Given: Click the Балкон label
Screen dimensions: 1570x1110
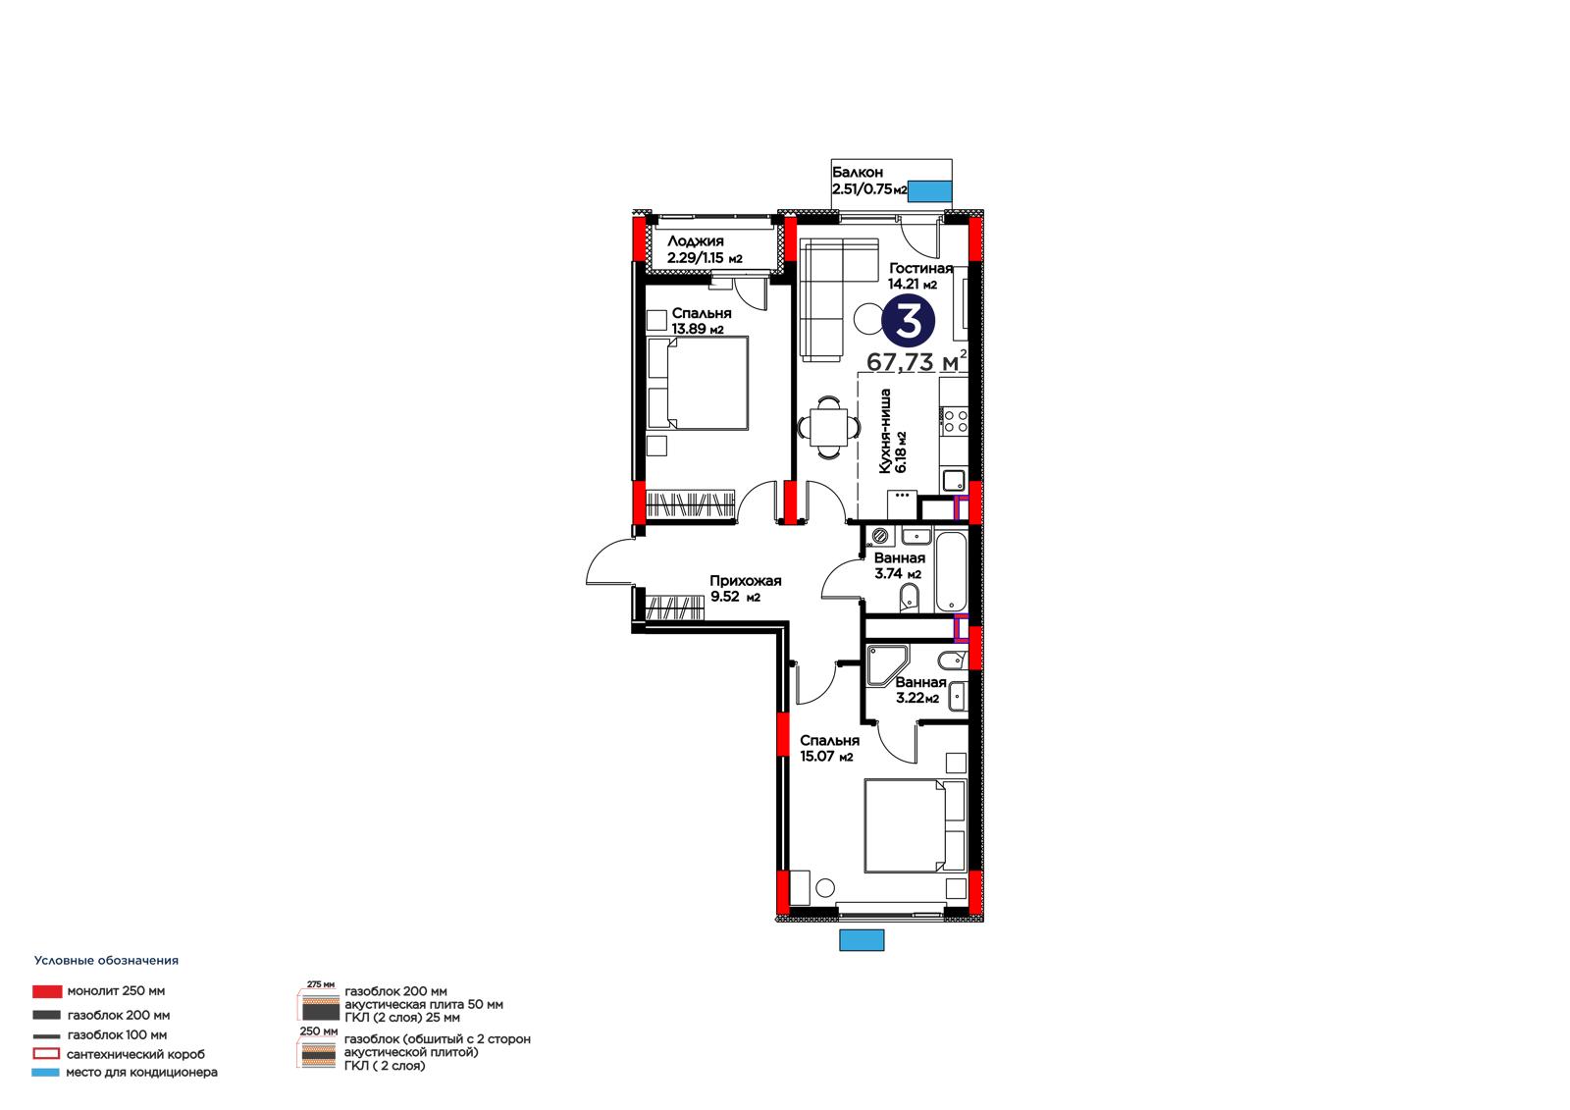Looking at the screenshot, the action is pos(858,172).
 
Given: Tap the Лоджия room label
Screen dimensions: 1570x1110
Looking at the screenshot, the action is pos(696,241).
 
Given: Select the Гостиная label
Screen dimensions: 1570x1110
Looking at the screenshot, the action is pos(921,268).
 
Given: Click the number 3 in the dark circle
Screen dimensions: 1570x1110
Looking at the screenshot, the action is pos(909,321).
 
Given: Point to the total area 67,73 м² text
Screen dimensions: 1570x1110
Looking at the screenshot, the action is pos(916,361).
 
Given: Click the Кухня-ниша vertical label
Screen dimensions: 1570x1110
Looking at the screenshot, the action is pos(884,431).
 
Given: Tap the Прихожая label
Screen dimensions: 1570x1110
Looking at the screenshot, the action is pos(745,581).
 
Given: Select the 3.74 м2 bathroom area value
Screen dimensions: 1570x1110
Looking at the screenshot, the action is pos(898,573).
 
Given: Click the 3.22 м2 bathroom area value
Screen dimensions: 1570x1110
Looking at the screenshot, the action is pos(917,698).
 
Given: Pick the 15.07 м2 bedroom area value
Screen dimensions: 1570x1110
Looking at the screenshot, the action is pos(826,756).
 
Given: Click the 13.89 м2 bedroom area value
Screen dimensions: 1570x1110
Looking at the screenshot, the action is pos(698,329).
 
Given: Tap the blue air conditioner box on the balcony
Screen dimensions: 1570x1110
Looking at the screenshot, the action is pos(930,191).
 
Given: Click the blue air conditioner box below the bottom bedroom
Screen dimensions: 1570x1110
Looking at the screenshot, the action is pos(862,939).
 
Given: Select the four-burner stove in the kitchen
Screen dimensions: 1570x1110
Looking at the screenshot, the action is pos(955,421).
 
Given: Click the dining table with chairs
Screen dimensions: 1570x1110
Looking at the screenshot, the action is pos(828,427).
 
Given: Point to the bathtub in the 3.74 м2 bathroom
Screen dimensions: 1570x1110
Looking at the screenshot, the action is pos(951,572).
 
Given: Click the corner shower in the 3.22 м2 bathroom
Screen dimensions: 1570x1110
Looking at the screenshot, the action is pos(887,664).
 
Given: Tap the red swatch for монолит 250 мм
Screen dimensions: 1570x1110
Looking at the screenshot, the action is pos(47,991).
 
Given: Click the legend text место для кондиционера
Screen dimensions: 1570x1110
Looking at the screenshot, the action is pos(141,1072).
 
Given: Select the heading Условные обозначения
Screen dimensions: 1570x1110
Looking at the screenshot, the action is pos(107,961).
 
